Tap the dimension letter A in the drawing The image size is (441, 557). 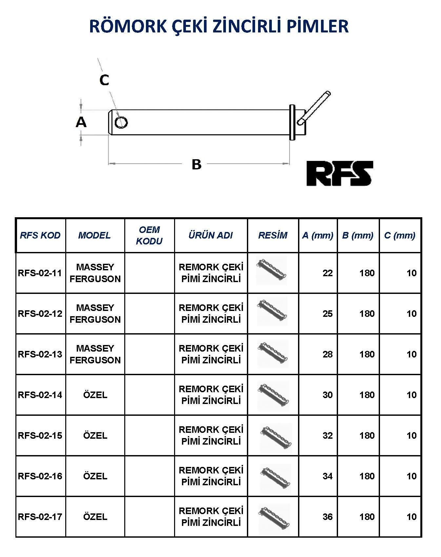click(x=81, y=122)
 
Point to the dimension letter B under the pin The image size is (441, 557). click(x=196, y=164)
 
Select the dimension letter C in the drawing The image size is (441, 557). click(x=104, y=80)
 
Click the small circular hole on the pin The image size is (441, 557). click(x=121, y=122)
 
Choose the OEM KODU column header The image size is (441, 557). click(x=149, y=235)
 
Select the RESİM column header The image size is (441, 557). click(x=272, y=235)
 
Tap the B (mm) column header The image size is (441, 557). click(x=358, y=235)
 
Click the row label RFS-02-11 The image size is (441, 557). click(x=40, y=273)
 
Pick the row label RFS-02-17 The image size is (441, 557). click(x=40, y=517)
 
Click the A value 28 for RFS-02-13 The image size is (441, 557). click(x=327, y=354)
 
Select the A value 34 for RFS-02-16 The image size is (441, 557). click(x=327, y=476)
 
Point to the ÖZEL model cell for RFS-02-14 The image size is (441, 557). click(x=95, y=395)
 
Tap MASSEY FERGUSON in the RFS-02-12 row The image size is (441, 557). click(x=95, y=314)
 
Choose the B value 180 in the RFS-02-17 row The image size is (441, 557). click(x=367, y=517)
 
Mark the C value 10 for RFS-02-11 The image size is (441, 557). click(x=411, y=273)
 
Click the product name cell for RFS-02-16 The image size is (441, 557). click(x=211, y=476)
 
